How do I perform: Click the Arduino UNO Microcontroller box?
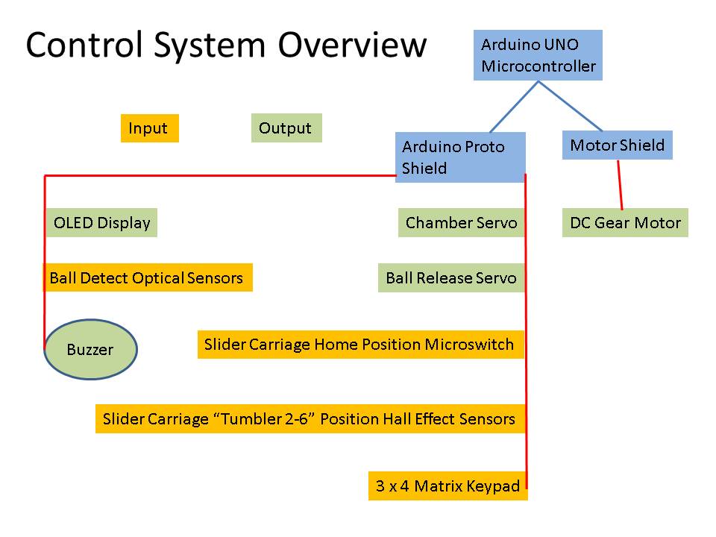point(538,55)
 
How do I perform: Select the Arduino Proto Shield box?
point(460,157)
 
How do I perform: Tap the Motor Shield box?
point(617,145)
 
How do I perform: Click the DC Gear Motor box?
point(624,223)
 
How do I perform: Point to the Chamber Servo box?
point(461,223)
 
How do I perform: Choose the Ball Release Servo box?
point(450,278)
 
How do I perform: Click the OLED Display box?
point(101,223)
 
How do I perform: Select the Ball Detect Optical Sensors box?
point(147,278)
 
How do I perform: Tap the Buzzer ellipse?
point(90,350)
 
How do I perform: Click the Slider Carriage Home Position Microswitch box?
point(360,345)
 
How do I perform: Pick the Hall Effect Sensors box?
point(310,419)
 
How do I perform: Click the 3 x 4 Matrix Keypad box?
point(447,486)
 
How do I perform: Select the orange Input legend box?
point(149,128)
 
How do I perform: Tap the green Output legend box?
point(286,128)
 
